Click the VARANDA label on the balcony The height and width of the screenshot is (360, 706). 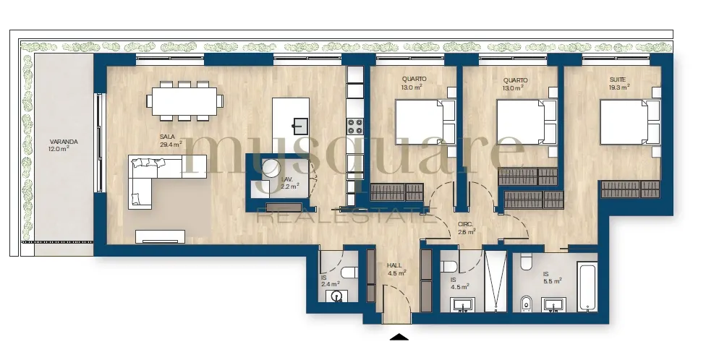[x=64, y=145]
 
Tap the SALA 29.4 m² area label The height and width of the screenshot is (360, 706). [x=171, y=141]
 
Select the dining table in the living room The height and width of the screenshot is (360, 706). [x=184, y=101]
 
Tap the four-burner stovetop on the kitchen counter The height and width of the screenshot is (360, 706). [x=354, y=126]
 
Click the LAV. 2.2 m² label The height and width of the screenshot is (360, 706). [x=290, y=182]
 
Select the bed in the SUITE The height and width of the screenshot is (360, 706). [x=630, y=122]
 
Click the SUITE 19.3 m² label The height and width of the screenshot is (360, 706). [x=619, y=84]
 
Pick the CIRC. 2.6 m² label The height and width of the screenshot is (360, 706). [x=467, y=228]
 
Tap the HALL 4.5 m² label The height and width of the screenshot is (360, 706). [x=396, y=269]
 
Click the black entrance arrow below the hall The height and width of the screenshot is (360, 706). [x=399, y=337]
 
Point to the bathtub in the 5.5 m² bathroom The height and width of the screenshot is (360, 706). [x=587, y=287]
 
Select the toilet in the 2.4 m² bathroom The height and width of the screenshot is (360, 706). [x=349, y=273]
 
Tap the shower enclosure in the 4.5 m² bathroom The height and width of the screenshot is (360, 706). [x=496, y=281]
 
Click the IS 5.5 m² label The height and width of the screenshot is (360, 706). [x=552, y=277]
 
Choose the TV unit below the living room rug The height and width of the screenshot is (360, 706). [x=161, y=236]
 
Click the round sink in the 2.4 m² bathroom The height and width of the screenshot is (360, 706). [x=336, y=296]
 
